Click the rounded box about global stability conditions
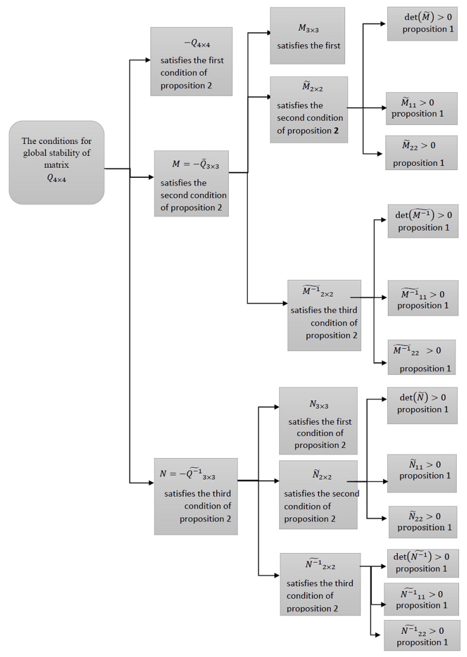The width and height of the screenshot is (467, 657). [x=56, y=162]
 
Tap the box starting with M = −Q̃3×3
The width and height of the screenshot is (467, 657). [x=191, y=183]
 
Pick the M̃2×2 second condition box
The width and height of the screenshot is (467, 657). [x=309, y=110]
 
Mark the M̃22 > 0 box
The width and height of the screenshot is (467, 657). [x=421, y=153]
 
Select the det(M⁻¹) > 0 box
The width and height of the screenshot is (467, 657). [x=423, y=221]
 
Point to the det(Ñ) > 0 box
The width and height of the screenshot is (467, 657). [x=422, y=405]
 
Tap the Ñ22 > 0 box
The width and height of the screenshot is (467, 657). [x=423, y=522]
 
